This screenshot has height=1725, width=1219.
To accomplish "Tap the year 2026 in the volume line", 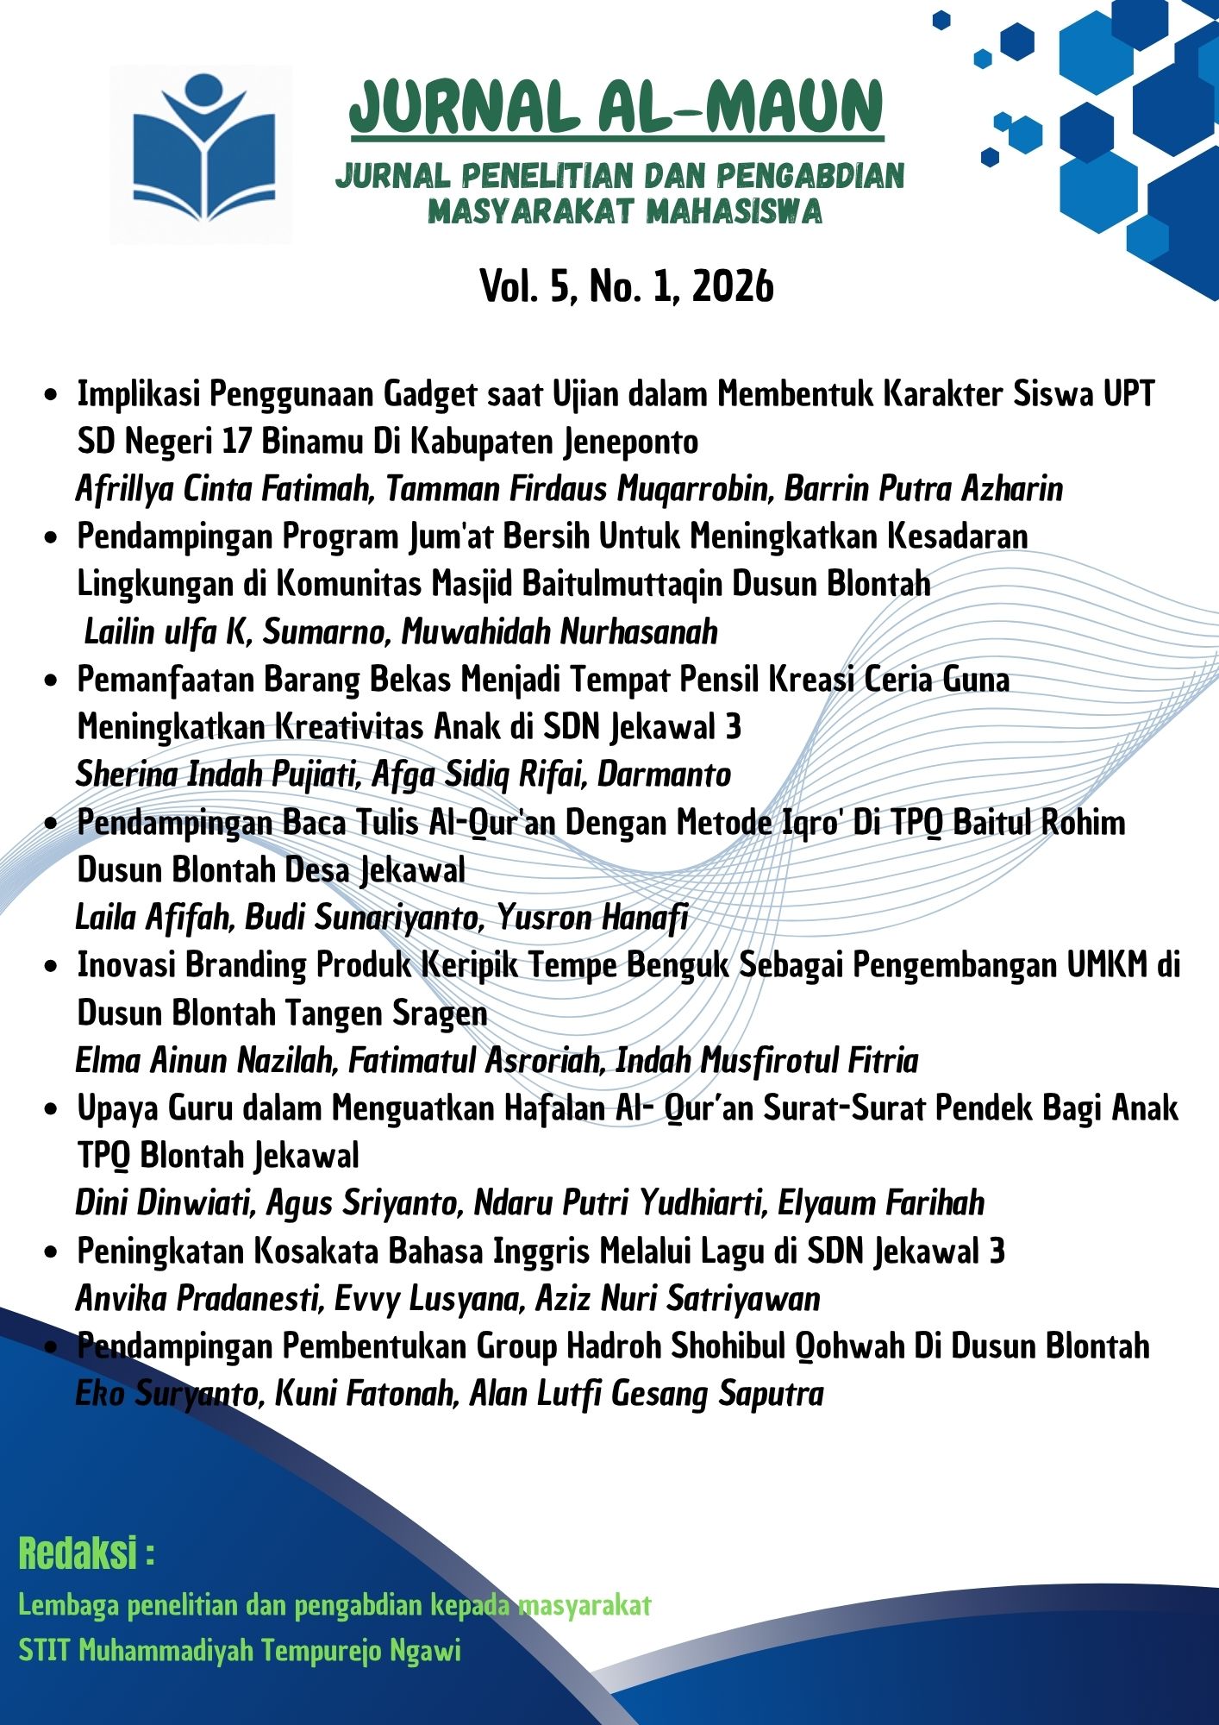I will point(732,286).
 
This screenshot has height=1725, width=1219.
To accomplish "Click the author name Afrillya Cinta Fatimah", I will point(223,489).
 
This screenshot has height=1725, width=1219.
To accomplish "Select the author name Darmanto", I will point(664,775).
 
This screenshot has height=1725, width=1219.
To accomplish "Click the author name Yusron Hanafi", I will point(592,918).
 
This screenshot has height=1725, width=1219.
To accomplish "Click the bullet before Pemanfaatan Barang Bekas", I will point(52,681).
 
